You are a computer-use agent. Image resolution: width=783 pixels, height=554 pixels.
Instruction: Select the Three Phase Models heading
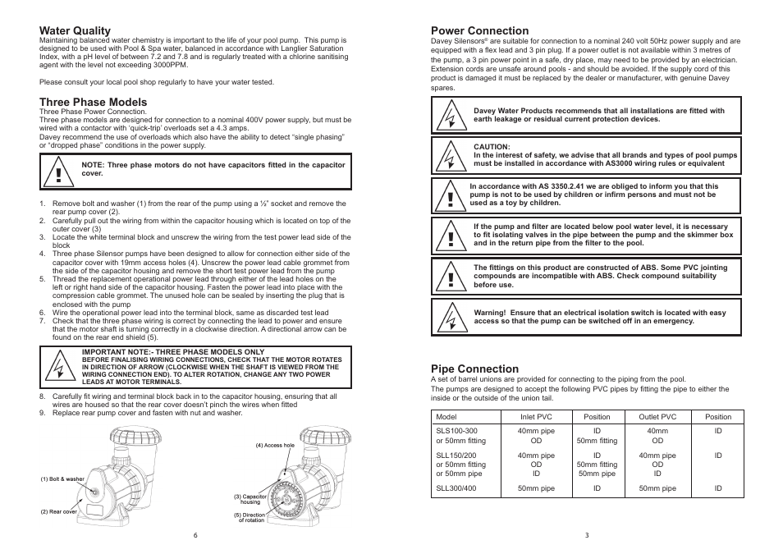click(x=93, y=102)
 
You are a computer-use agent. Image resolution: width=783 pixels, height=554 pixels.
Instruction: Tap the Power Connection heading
click(x=480, y=30)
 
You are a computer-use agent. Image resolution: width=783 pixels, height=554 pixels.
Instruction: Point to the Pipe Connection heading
click(x=475, y=369)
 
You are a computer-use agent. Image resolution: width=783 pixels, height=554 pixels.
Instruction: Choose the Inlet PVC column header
click(x=536, y=417)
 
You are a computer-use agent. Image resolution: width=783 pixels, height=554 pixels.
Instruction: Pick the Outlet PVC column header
click(x=657, y=417)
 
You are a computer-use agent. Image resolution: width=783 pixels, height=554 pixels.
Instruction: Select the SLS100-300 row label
click(x=456, y=430)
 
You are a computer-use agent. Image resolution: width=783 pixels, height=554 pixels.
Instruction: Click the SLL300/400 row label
click(x=456, y=488)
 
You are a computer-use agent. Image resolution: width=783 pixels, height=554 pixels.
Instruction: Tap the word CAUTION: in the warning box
click(x=492, y=147)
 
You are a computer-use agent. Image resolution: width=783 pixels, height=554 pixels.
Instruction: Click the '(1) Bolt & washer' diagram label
click(x=62, y=479)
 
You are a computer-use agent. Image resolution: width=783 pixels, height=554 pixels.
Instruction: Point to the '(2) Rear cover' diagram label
click(x=59, y=511)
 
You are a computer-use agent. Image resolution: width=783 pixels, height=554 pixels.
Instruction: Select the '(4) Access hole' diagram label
click(x=274, y=446)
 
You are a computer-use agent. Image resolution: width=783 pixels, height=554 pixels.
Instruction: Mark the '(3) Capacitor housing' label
click(x=249, y=499)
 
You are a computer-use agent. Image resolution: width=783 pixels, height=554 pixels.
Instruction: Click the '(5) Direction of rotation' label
click(x=249, y=518)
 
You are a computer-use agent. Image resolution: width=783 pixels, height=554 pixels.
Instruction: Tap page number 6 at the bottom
click(x=195, y=535)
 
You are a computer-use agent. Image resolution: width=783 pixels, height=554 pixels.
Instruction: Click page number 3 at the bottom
click(x=587, y=535)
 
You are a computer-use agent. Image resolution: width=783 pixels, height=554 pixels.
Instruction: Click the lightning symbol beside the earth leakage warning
click(x=450, y=115)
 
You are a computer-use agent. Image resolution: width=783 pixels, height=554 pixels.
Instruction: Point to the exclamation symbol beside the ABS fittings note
click(x=450, y=277)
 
